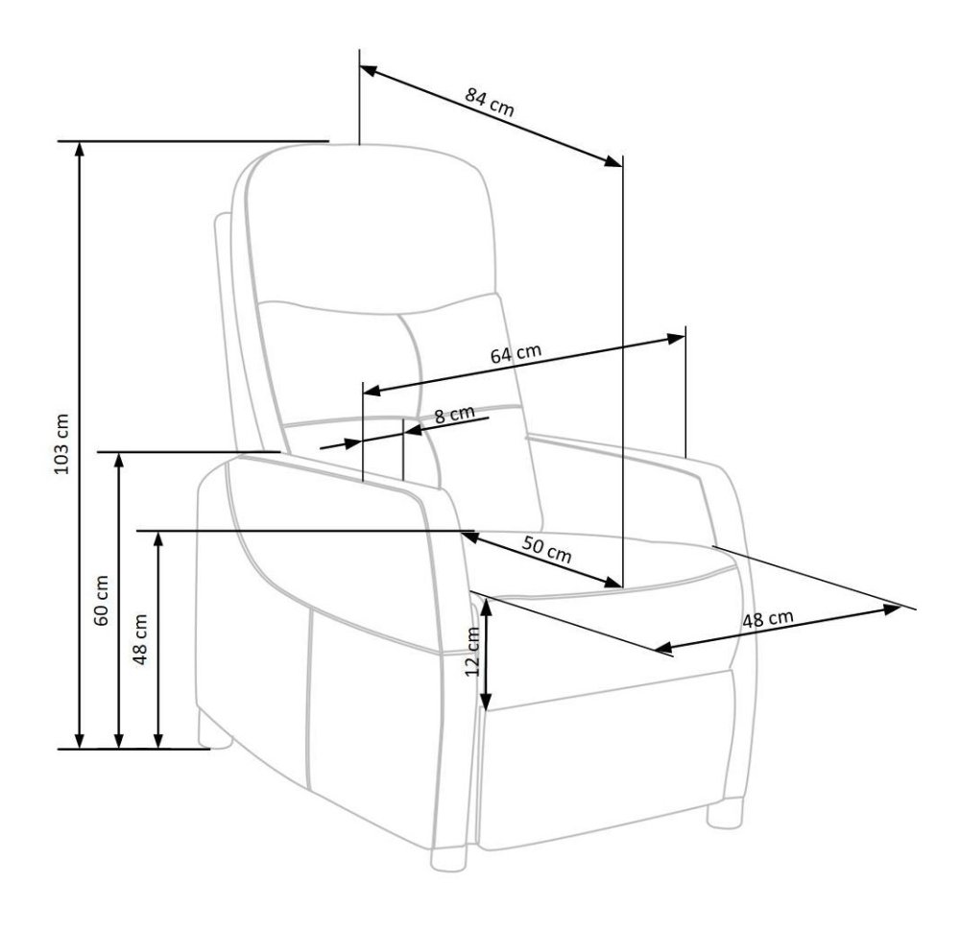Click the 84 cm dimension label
490,102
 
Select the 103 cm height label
62,444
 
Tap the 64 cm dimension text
516,354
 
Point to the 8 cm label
454,415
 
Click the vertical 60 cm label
101,601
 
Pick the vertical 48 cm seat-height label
140,639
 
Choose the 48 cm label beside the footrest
768,619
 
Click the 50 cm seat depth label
547,549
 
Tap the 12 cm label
472,652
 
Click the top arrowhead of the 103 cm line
79,149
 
